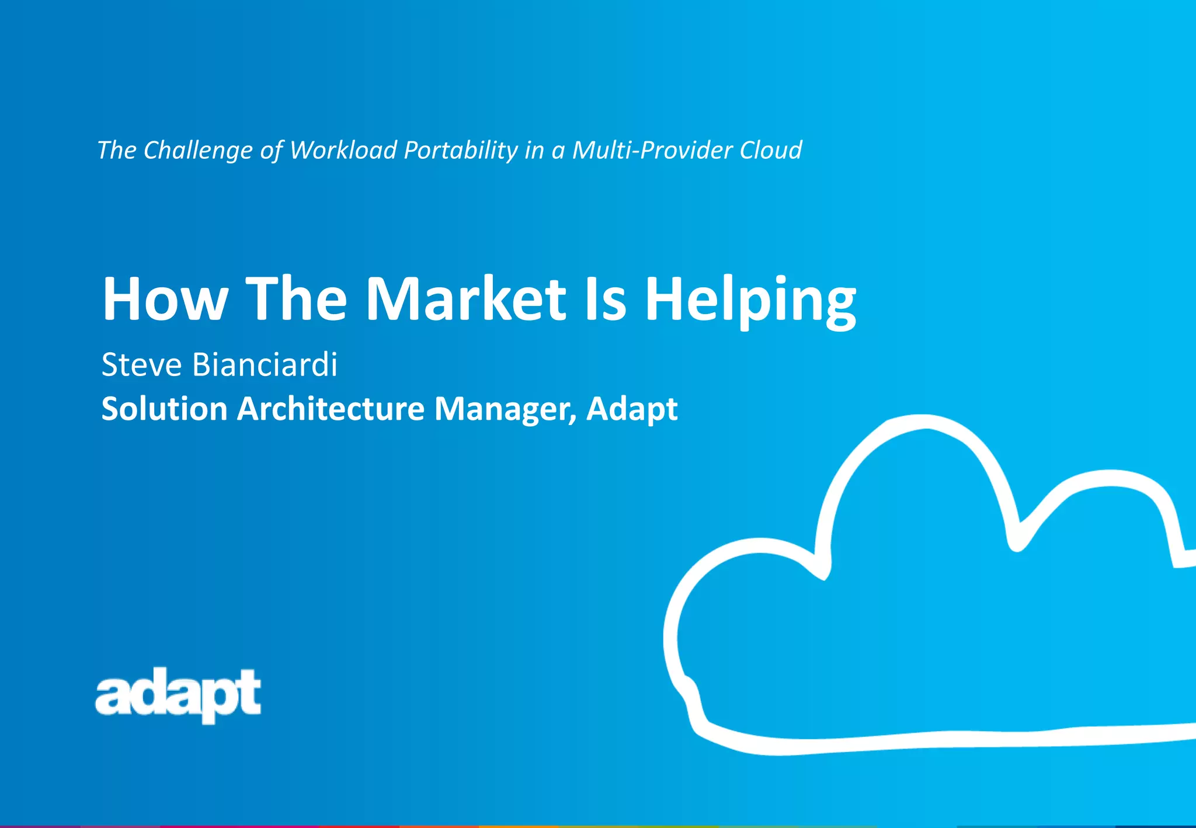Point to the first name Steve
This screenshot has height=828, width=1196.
pyautogui.click(x=141, y=364)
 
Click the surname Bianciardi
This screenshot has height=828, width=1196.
pyautogui.click(x=265, y=364)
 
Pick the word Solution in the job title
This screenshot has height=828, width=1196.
pyautogui.click(x=164, y=408)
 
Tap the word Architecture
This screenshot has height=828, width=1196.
pyautogui.click(x=331, y=408)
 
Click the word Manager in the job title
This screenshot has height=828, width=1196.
pyautogui.click(x=505, y=409)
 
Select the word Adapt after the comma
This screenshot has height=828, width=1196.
pyautogui.click(x=632, y=409)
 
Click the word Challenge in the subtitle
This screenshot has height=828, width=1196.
pyautogui.click(x=198, y=151)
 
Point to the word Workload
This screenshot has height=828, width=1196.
pyautogui.click(x=343, y=150)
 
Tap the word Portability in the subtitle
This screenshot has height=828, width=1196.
pyautogui.click(x=461, y=151)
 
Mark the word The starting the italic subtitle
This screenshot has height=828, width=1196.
pyautogui.click(x=117, y=150)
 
